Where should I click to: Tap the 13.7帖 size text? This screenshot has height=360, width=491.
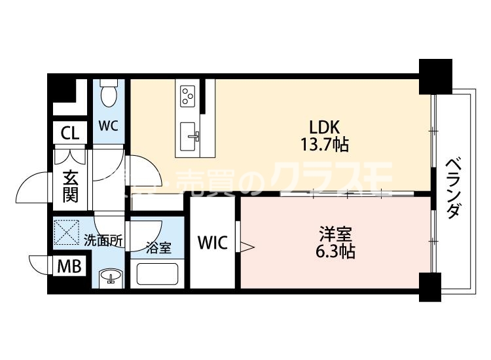[x=325, y=144]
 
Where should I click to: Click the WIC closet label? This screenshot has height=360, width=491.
[x=213, y=243]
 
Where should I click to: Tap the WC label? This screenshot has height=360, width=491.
[x=108, y=125]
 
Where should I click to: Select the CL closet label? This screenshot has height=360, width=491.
[x=69, y=133]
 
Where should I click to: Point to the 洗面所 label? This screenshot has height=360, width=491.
[x=103, y=240]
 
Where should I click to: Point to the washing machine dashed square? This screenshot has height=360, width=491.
[x=67, y=231]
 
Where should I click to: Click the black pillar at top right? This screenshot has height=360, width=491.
[x=435, y=75]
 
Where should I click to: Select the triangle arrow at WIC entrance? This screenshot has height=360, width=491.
[x=247, y=246]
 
